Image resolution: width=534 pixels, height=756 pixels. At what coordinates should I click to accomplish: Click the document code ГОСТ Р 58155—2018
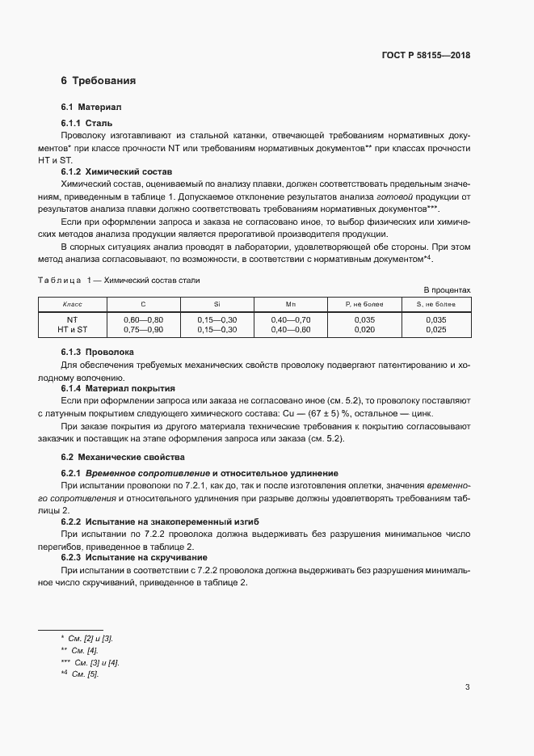point(426,56)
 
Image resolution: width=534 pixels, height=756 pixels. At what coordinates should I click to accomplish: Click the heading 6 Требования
point(98,81)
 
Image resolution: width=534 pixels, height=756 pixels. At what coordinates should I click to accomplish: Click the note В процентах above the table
point(447,289)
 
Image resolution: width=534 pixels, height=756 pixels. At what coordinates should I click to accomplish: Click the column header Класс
point(74,304)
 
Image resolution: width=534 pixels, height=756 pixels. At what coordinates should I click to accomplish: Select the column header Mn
point(290,304)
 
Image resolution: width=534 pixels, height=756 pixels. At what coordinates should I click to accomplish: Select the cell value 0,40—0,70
point(290,319)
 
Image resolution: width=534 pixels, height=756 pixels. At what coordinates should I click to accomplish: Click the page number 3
point(467,687)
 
